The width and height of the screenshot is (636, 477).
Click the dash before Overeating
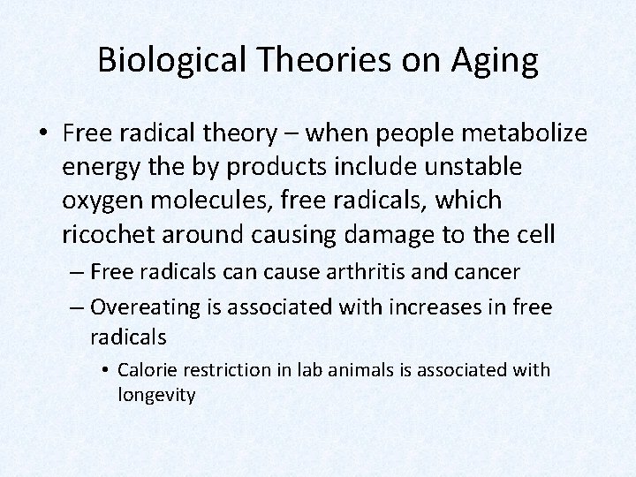(77, 307)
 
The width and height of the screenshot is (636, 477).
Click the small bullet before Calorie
(106, 369)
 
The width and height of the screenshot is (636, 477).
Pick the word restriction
(216, 369)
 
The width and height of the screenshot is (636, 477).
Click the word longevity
(156, 395)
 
